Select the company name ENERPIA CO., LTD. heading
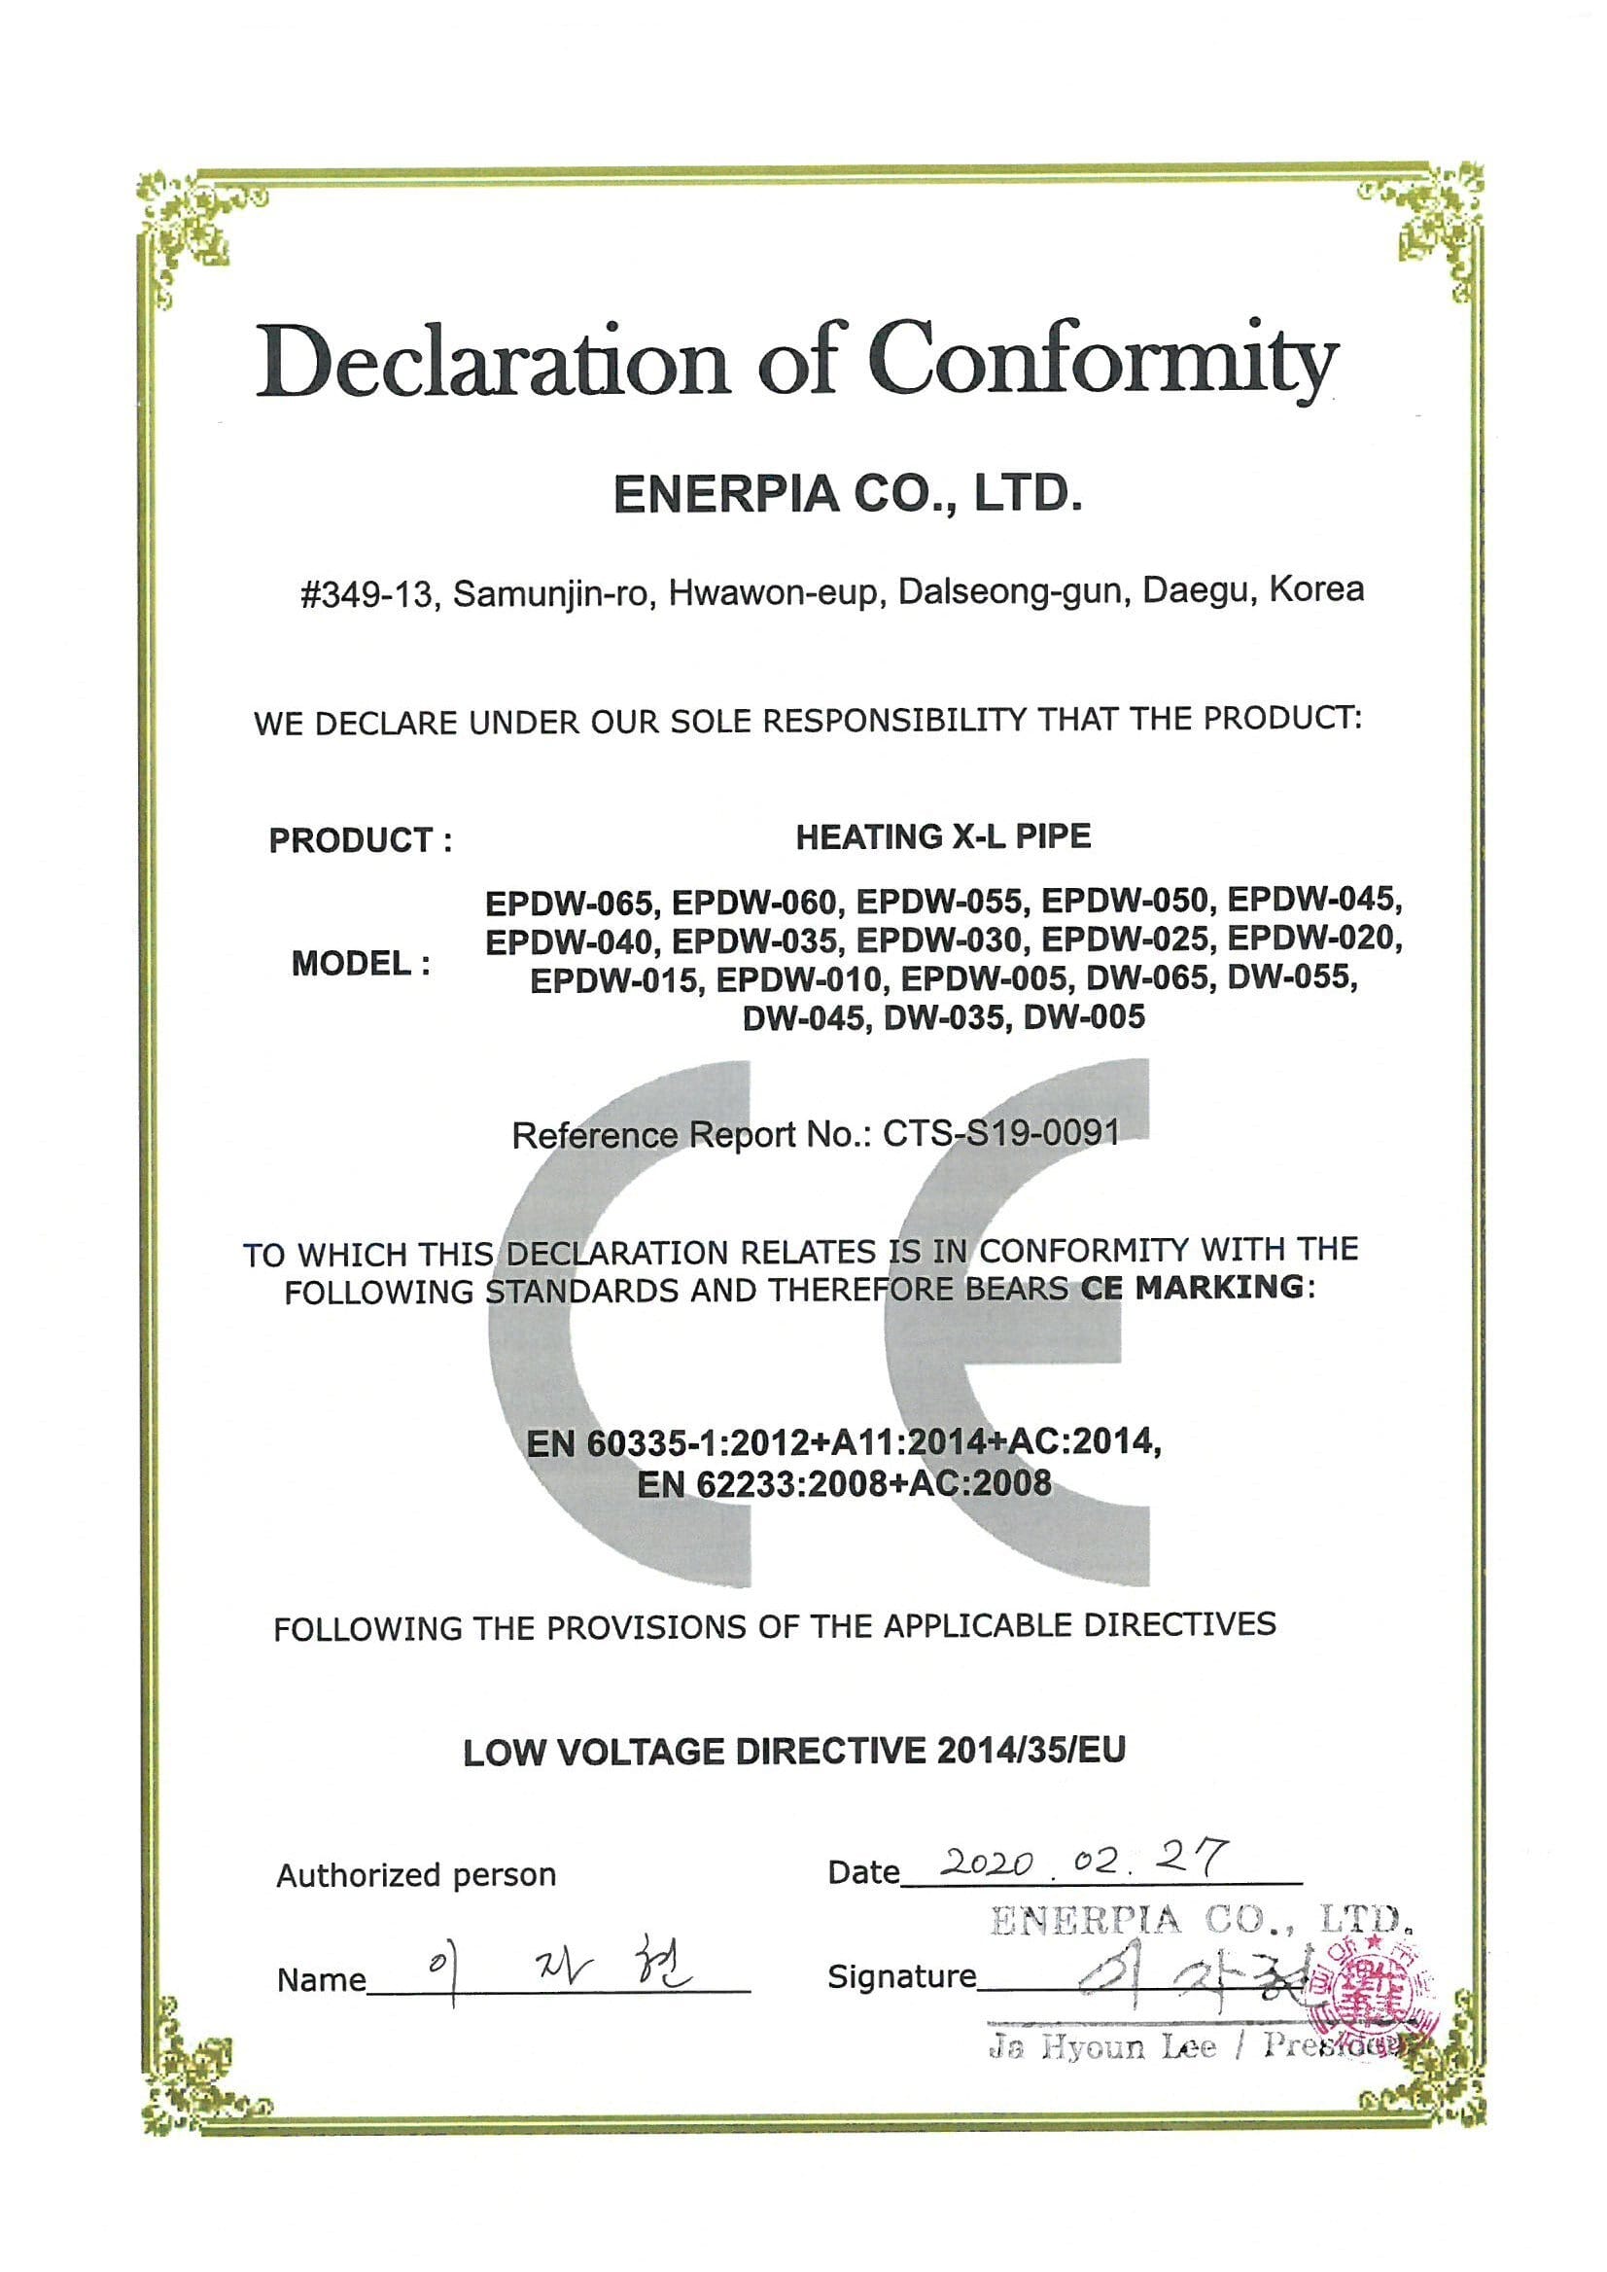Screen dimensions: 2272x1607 coord(848,494)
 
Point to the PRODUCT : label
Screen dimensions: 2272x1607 coord(360,840)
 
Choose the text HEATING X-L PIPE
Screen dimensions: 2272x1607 coord(943,837)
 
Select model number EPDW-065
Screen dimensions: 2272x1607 coord(569,903)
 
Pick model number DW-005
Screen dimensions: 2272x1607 coord(1084,1016)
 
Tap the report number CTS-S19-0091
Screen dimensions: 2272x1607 coord(1000,1131)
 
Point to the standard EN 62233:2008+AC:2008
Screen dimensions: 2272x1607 coord(844,1483)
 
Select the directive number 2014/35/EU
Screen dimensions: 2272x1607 coord(1031,1752)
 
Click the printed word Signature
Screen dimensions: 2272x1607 coord(900,1977)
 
